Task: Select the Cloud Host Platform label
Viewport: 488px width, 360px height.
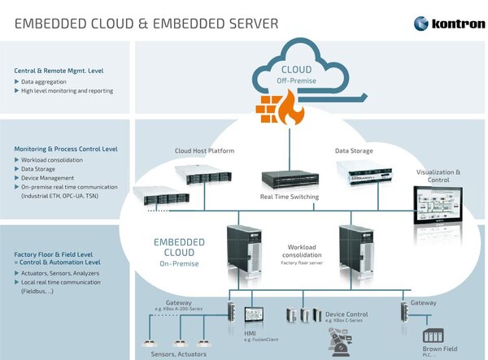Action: coord(205,151)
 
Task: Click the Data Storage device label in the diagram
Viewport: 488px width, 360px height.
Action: coord(354,151)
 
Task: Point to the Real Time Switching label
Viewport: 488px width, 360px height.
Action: coord(290,197)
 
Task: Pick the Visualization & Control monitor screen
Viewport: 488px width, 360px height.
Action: coord(438,202)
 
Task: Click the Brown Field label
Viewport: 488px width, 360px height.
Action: coord(440,349)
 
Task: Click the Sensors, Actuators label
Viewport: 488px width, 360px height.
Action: coord(179,354)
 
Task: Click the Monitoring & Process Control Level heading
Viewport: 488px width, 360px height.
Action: coord(66,149)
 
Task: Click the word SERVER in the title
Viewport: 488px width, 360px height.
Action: coord(245,24)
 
